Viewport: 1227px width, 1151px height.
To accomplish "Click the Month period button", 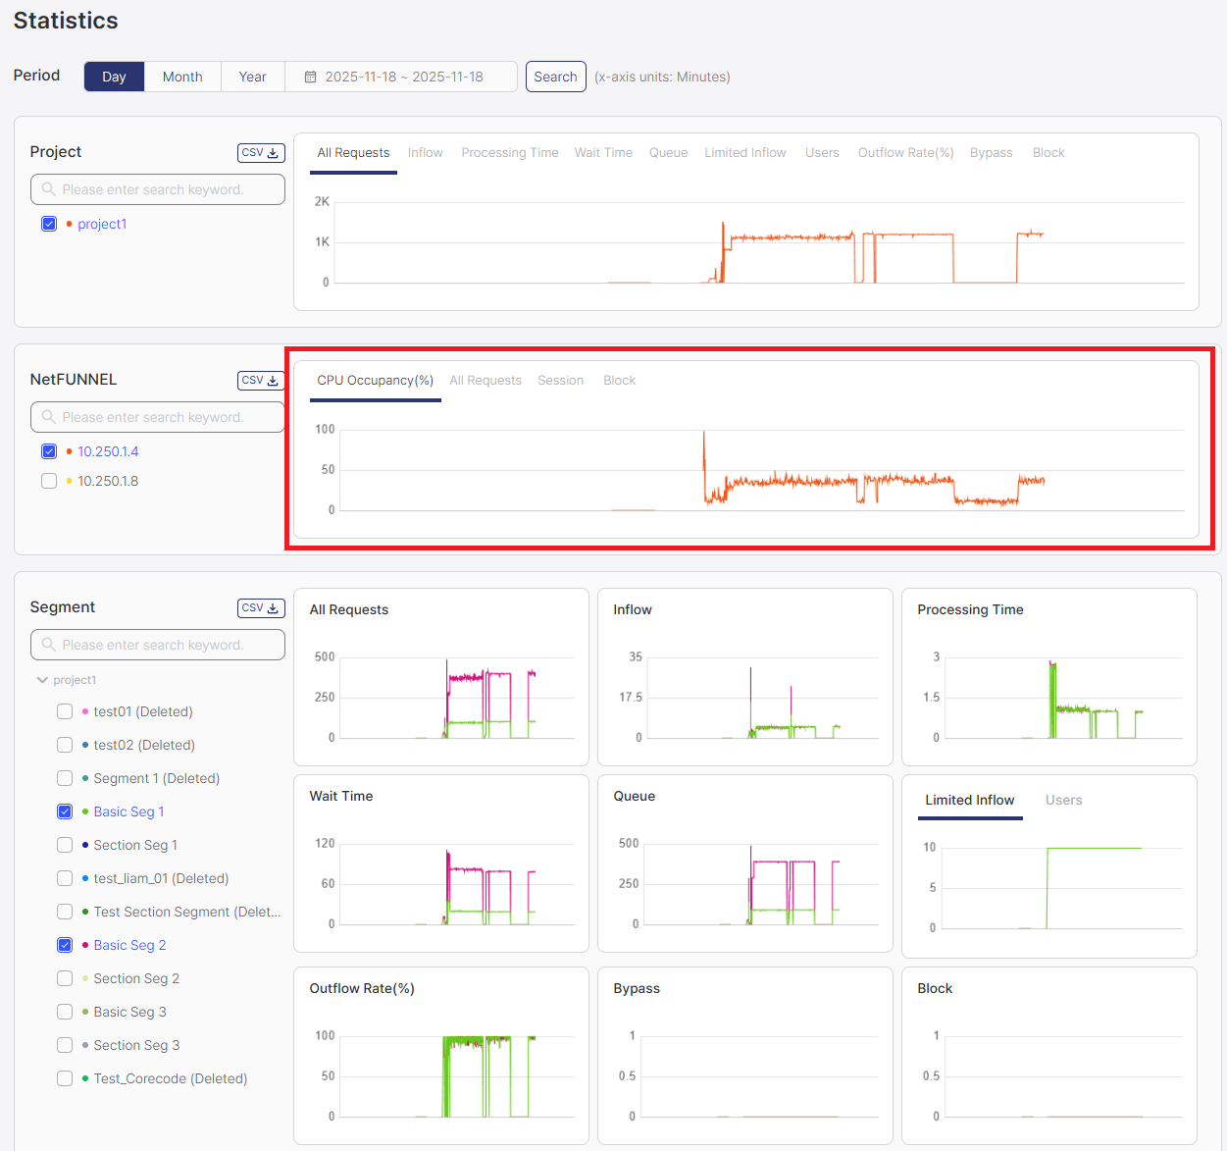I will pyautogui.click(x=182, y=77).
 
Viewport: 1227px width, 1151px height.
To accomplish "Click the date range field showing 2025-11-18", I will pyautogui.click(x=402, y=77).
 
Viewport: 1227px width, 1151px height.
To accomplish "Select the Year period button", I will pyautogui.click(x=252, y=77).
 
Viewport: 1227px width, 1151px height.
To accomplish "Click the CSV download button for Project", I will pyautogui.click(x=261, y=153).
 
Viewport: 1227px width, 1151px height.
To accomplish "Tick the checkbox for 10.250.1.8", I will pyautogui.click(x=49, y=481).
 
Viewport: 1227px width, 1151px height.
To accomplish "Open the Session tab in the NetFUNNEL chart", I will pyautogui.click(x=560, y=381).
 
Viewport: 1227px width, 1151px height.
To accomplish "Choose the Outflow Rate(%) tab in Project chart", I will pyautogui.click(x=905, y=153).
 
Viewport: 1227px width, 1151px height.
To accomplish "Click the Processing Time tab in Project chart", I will pyautogui.click(x=509, y=153).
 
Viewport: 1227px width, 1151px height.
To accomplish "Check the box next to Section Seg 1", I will pyautogui.click(x=65, y=845).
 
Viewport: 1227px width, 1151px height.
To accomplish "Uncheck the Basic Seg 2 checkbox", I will pyautogui.click(x=65, y=945).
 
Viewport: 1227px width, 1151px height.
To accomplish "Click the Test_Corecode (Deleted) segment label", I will pyautogui.click(x=170, y=1078).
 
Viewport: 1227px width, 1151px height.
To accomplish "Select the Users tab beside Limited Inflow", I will pyautogui.click(x=1063, y=801).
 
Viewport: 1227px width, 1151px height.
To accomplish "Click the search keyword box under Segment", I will pyautogui.click(x=158, y=645).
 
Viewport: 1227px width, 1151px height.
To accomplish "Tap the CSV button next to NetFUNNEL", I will pyautogui.click(x=261, y=381).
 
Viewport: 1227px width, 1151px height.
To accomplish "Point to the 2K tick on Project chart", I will pyautogui.click(x=322, y=201).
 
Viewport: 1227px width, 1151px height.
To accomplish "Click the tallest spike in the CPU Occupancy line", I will pyautogui.click(x=703, y=433).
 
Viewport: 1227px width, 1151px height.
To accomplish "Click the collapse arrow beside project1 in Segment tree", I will pyautogui.click(x=42, y=680).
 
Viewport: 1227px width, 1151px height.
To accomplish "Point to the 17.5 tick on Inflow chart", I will pyautogui.click(x=631, y=698).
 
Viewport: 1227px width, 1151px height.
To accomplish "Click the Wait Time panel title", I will pyautogui.click(x=341, y=796).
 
